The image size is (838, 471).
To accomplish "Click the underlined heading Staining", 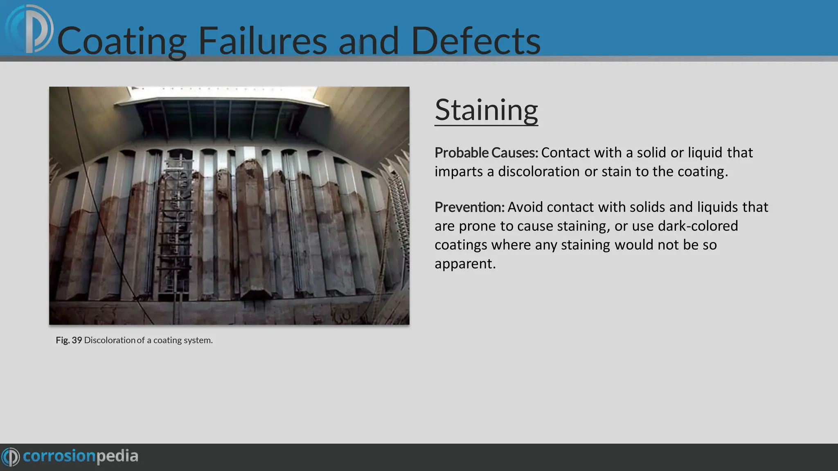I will click(486, 110).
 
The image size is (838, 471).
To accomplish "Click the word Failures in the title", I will click(262, 41).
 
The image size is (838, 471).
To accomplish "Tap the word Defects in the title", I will click(475, 41).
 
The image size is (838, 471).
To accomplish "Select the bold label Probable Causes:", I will click(486, 153).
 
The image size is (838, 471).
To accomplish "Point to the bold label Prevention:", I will click(469, 207).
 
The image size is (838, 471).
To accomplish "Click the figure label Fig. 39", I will click(69, 340).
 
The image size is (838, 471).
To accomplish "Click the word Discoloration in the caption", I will click(109, 340).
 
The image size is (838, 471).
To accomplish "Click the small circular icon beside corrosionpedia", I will click(11, 457).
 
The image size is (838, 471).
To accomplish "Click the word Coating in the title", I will click(122, 41).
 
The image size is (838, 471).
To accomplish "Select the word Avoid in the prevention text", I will click(525, 207).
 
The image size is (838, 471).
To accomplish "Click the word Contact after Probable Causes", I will click(565, 153).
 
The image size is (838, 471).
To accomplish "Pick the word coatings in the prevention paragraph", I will click(461, 245).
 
